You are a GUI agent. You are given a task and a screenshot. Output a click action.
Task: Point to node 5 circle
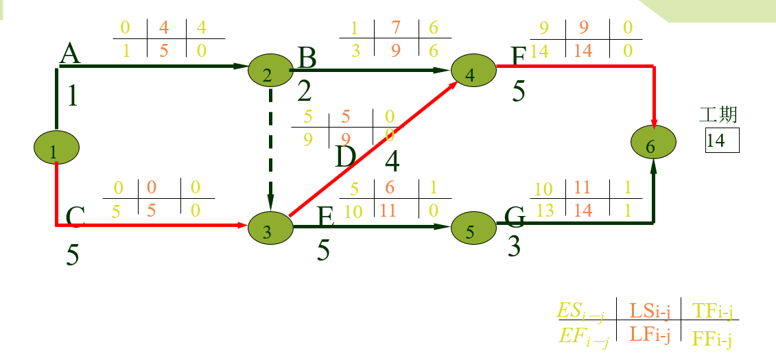pyautogui.click(x=473, y=228)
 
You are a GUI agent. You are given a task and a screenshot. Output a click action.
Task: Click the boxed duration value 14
pyautogui.click(x=721, y=141)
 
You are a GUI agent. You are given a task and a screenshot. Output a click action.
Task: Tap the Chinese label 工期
pyautogui.click(x=718, y=115)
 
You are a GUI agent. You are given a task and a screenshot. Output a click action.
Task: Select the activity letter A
pyautogui.click(x=69, y=53)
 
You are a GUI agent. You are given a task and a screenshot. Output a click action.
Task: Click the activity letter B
pyautogui.click(x=307, y=58)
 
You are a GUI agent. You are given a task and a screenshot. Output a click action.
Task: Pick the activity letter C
pyautogui.click(x=75, y=217)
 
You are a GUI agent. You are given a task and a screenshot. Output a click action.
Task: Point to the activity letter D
pyautogui.click(x=345, y=158)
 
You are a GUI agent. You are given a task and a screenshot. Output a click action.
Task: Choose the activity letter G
pyautogui.click(x=515, y=217)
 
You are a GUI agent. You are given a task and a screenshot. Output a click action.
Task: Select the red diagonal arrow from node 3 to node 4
pyautogui.click(x=374, y=148)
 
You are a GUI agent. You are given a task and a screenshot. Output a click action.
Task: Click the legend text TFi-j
pyautogui.click(x=713, y=312)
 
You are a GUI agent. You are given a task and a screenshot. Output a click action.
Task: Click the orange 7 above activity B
pyautogui.click(x=396, y=28)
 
